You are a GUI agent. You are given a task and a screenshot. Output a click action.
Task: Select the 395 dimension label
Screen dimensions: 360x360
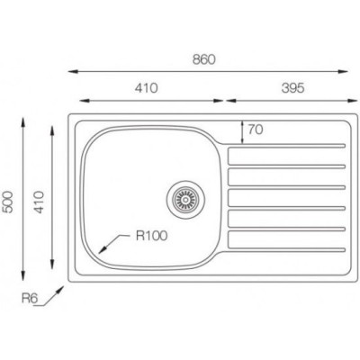[286, 88]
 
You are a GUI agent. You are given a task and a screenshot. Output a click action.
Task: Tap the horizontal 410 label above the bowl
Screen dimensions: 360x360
[147, 88]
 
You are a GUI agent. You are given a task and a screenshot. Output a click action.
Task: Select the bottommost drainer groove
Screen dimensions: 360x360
[286, 241]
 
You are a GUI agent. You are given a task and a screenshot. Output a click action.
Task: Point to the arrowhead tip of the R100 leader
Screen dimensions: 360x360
[101, 250]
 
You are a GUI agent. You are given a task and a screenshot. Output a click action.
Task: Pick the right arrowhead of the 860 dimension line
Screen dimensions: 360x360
[348, 72]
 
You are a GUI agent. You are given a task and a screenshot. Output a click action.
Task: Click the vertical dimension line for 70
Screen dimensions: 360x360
[241, 130]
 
